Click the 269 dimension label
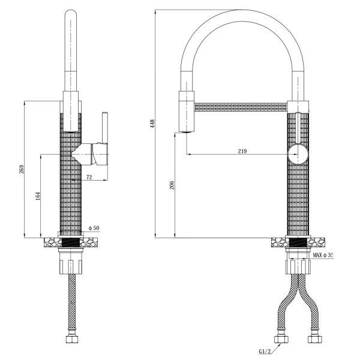[22, 169]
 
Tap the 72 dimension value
[89, 177]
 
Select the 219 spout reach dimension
[242, 151]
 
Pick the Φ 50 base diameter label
[94, 228]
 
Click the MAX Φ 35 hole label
[322, 255]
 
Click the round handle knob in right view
[298, 154]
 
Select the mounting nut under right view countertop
[298, 265]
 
